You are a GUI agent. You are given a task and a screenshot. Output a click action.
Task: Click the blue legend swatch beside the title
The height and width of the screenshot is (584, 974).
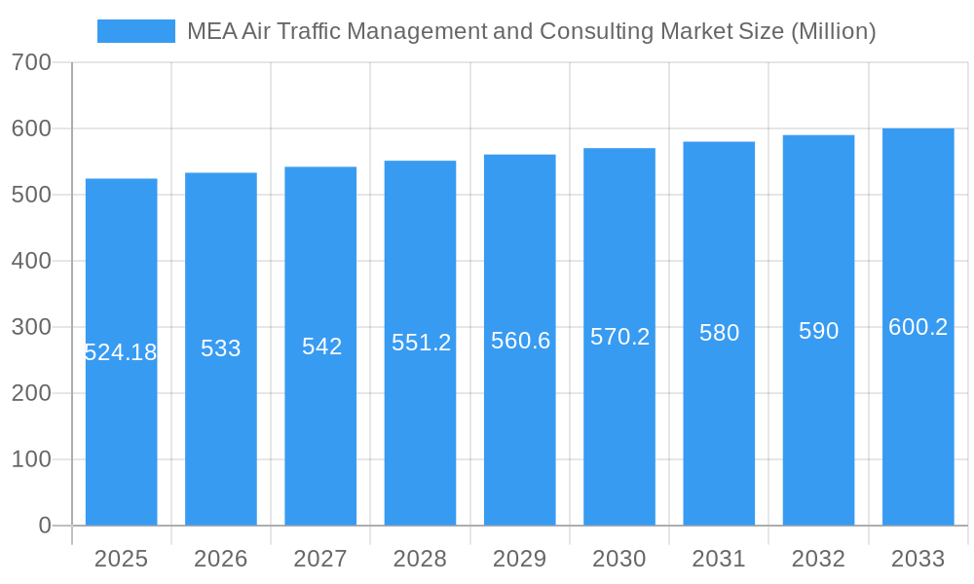[x=136, y=31]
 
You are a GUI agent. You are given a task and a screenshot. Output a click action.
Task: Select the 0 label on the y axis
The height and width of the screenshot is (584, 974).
[x=44, y=526]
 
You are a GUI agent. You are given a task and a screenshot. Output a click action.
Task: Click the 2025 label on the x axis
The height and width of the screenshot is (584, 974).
[x=121, y=559]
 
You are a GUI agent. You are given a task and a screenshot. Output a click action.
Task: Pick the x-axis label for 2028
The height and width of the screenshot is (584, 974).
[x=420, y=559]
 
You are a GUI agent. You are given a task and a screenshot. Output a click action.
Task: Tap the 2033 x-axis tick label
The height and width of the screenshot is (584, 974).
[x=918, y=559]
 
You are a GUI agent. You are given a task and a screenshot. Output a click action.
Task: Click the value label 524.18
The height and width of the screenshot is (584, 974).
[x=121, y=352]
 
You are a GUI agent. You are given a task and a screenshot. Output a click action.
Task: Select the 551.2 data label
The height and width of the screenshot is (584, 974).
[x=421, y=343]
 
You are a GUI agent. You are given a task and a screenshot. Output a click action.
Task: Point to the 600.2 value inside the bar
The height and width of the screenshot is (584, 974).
[x=918, y=327]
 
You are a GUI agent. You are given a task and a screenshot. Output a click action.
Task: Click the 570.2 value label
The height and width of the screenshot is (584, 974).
[x=619, y=337]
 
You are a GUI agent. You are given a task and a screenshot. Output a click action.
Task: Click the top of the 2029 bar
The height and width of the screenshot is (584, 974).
[x=520, y=156]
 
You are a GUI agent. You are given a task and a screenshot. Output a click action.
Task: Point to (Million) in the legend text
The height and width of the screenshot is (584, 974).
[x=833, y=31]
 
